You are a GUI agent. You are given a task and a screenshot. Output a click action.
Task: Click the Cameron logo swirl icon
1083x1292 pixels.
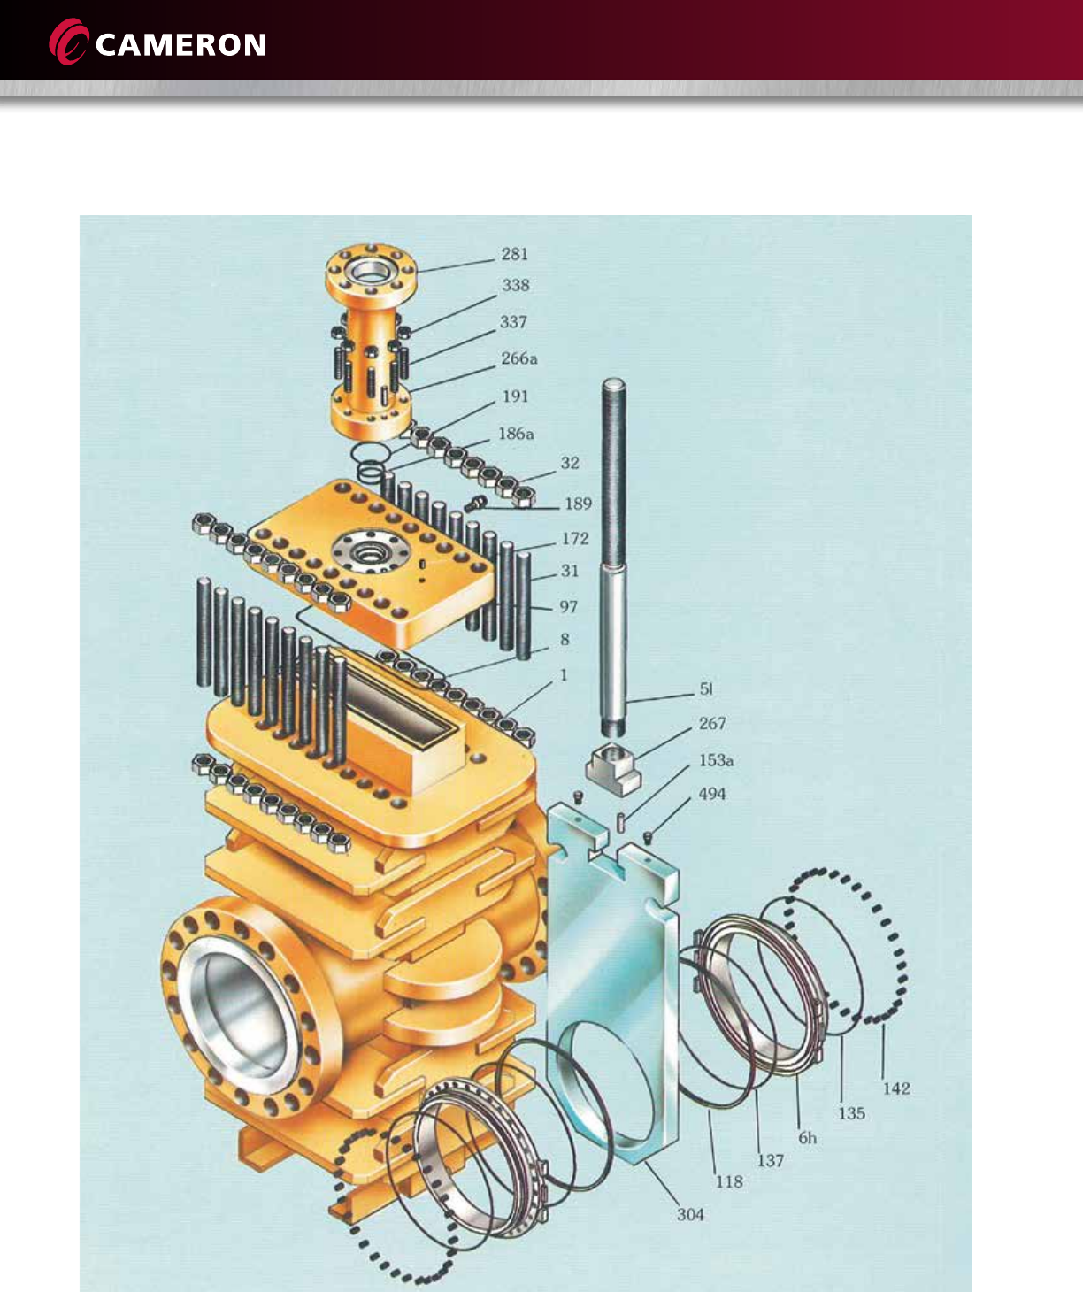[x=68, y=42]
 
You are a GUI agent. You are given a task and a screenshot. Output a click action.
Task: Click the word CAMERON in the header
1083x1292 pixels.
[x=180, y=45]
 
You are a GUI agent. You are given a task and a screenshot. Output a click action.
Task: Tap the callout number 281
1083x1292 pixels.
[x=514, y=254]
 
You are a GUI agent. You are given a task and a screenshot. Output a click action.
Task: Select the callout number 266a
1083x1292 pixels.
[x=518, y=358]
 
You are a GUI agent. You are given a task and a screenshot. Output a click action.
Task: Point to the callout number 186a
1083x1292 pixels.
[x=516, y=434]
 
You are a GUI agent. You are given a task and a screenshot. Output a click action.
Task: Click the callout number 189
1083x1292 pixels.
[x=577, y=504]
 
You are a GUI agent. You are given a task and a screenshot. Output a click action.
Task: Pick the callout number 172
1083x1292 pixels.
[x=575, y=538]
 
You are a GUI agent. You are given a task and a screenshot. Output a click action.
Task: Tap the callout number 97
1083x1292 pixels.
[x=568, y=606]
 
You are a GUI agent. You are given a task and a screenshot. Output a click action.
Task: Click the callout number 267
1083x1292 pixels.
[x=712, y=723]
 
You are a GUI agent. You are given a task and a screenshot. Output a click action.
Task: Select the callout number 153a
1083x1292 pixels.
[x=716, y=760]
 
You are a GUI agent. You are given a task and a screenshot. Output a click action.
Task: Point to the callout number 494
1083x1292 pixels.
[x=712, y=794]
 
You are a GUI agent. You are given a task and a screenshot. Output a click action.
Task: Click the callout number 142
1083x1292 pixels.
[x=895, y=1088]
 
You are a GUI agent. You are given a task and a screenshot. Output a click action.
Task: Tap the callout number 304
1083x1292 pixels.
[x=690, y=1214]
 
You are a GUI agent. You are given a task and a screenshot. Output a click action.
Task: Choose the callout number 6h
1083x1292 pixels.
[x=807, y=1138]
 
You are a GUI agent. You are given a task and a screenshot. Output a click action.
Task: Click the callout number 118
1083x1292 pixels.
[x=728, y=1181]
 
